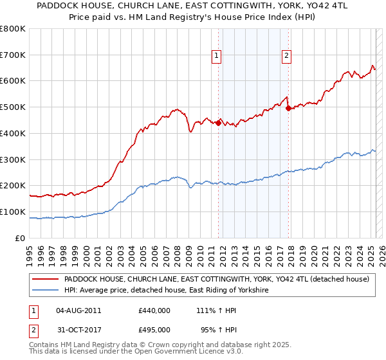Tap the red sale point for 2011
pos(219,123)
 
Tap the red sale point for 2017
pos(288,108)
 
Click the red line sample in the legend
pos(45,280)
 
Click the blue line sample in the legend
pos(45,291)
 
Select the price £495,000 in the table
pos(154,329)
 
